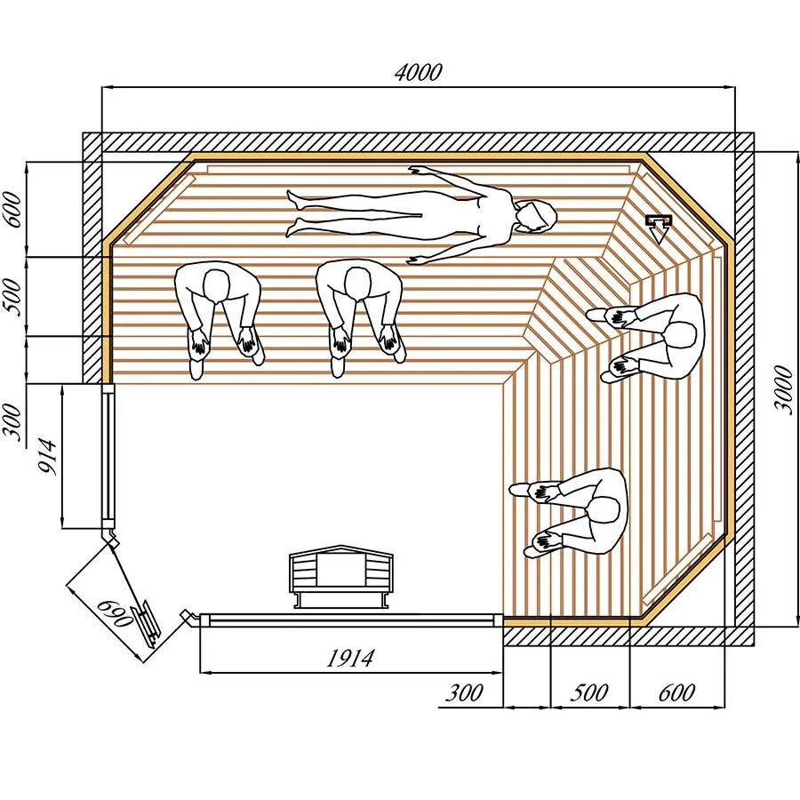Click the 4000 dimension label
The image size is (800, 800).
click(x=418, y=73)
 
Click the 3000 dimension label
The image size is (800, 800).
click(x=783, y=388)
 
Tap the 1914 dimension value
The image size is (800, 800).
click(x=350, y=659)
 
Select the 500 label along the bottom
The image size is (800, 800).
click(x=588, y=692)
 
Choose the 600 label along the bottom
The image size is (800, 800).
click(x=676, y=692)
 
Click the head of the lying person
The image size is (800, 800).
click(x=537, y=216)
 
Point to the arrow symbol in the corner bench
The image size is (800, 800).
click(x=658, y=228)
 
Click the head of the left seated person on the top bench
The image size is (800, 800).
click(x=217, y=285)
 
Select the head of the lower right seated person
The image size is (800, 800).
click(x=604, y=511)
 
